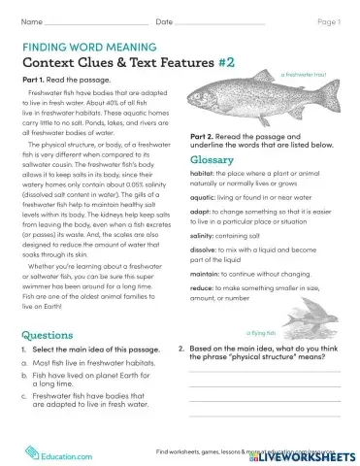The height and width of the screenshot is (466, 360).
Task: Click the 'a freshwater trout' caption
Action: coord(305,74)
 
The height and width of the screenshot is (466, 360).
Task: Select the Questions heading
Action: coord(45,335)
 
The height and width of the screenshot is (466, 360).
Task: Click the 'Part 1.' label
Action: coord(34,79)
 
